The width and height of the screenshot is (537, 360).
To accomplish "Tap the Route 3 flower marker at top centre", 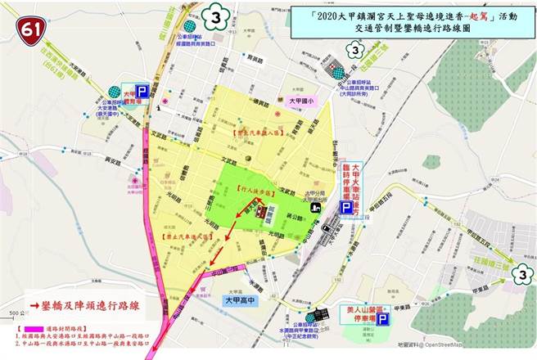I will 215,16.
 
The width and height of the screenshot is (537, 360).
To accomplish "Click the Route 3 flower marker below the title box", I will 354,50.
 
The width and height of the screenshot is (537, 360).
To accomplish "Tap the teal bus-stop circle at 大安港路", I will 114,92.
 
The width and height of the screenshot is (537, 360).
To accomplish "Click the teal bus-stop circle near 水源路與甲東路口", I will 309,317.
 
